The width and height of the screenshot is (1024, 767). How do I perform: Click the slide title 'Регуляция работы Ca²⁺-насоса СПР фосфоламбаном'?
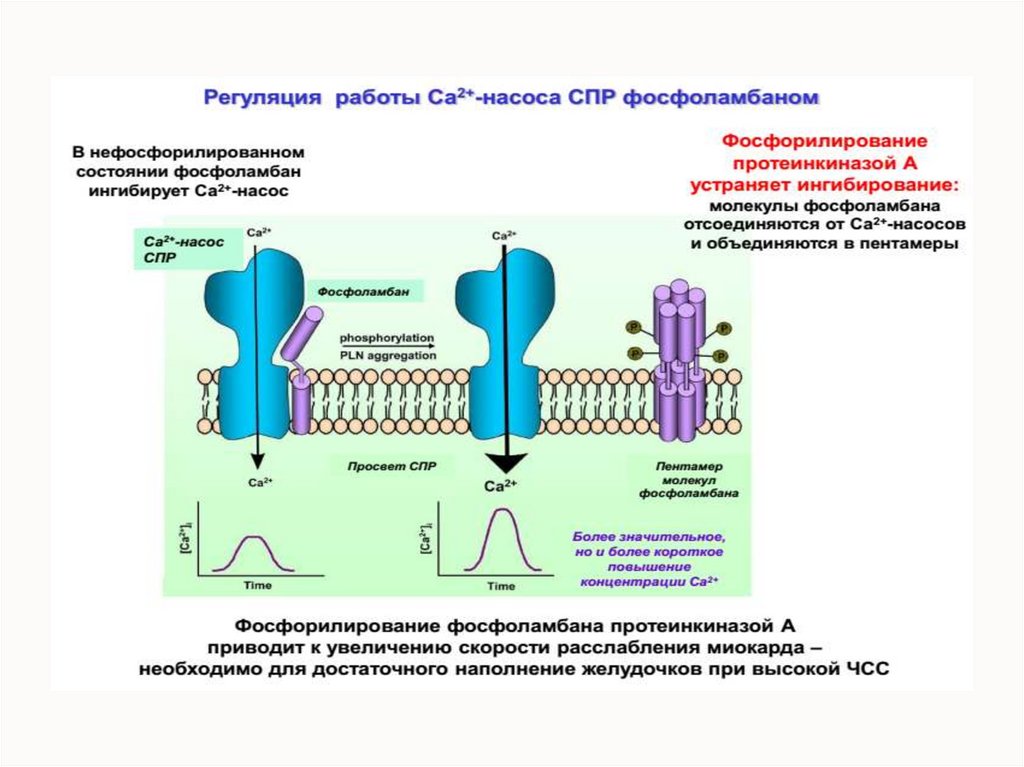coord(511,98)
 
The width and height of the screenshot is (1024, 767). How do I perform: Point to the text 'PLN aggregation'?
coord(387,355)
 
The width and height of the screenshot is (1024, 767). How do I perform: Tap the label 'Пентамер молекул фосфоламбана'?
coord(689,480)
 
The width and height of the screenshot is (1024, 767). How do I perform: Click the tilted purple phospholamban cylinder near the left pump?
coord(300,333)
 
